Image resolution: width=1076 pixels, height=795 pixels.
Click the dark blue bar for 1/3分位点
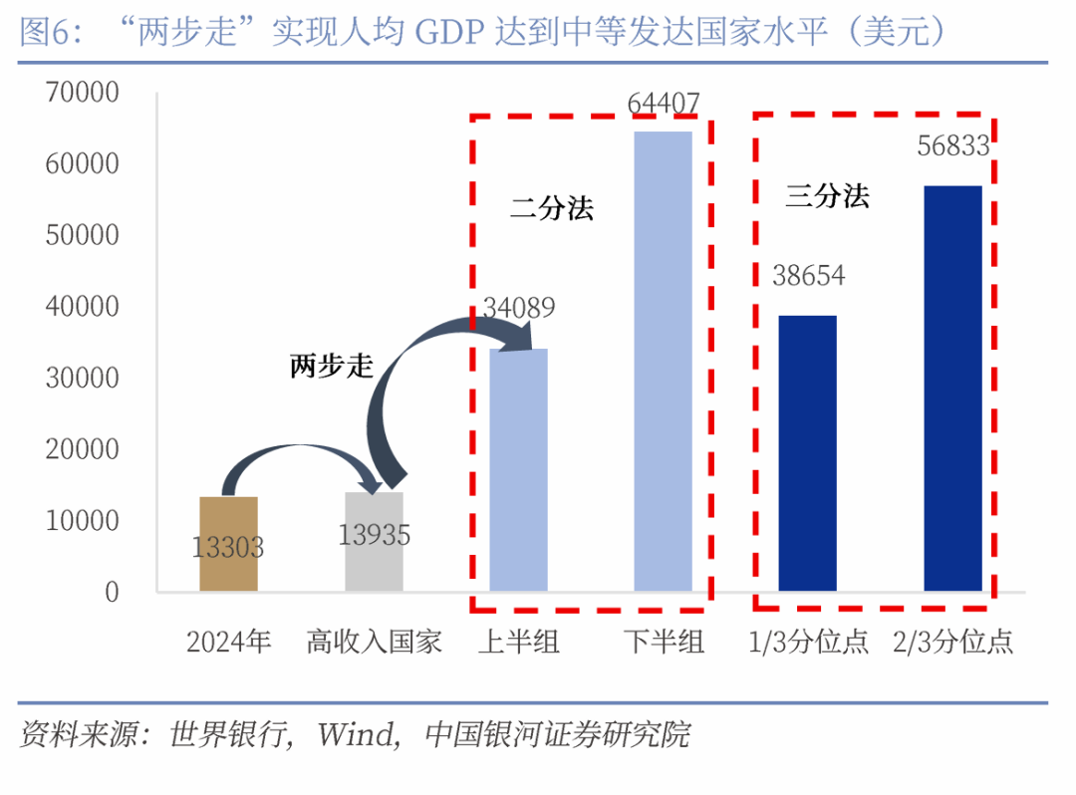point(807,453)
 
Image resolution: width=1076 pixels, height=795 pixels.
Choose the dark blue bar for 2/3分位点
point(952,389)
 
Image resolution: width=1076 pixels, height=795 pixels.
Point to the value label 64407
point(664,103)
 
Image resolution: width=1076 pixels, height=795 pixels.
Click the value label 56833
point(953,147)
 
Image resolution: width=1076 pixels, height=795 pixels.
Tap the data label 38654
point(808,275)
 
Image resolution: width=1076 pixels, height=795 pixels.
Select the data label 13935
point(374,536)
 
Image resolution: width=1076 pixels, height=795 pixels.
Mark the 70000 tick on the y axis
point(82,93)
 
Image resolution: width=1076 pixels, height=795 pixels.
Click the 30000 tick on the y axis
point(82,379)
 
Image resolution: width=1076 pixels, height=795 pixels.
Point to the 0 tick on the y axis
point(112,592)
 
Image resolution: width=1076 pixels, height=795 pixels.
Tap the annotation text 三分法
point(827,195)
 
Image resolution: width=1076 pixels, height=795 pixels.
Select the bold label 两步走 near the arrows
point(332,367)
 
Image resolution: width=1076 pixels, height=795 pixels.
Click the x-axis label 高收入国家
point(374,641)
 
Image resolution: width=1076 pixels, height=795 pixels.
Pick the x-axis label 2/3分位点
point(952,641)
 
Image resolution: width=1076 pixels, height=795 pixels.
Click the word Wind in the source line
point(355,736)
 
